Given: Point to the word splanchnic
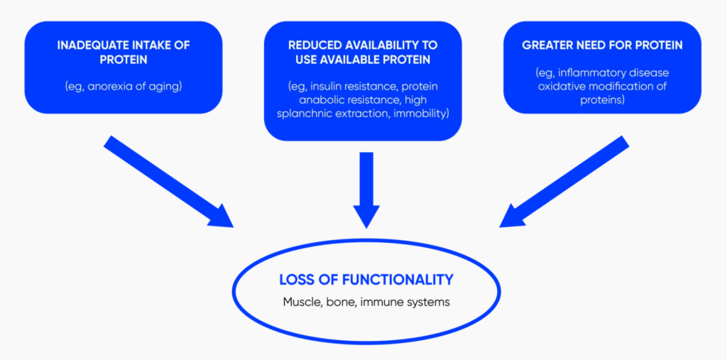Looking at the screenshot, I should point(317,114).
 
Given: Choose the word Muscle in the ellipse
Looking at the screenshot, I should point(301,302).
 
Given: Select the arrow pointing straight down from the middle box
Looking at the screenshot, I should point(365,188).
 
